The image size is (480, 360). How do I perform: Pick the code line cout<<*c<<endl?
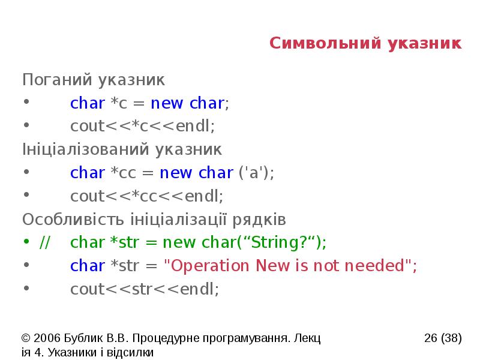pyautogui.click(x=142, y=126)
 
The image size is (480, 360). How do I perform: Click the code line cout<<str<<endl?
pyautogui.click(x=145, y=289)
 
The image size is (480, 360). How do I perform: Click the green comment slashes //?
pyautogui.click(x=45, y=242)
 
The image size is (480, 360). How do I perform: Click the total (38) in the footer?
pyautogui.click(x=451, y=338)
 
